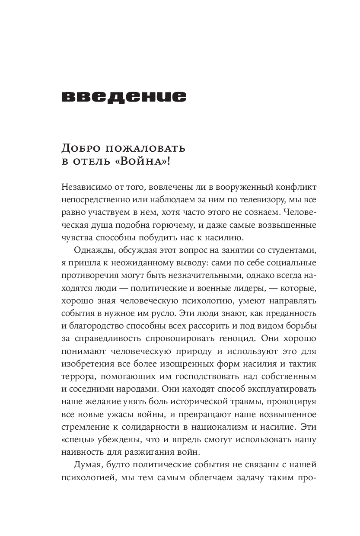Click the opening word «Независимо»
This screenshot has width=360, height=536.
(87, 187)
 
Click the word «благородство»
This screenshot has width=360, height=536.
(97, 325)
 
